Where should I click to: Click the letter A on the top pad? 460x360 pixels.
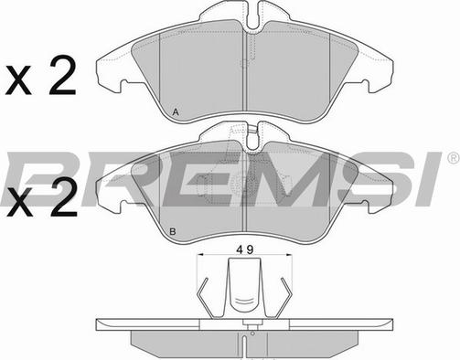pyautogui.click(x=176, y=112)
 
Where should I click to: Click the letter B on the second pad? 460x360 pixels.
pyautogui.click(x=173, y=232)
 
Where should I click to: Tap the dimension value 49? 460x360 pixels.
pyautogui.click(x=245, y=249)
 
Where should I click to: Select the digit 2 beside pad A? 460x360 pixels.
pyautogui.click(x=62, y=76)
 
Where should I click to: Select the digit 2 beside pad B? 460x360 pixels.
pyautogui.click(x=63, y=198)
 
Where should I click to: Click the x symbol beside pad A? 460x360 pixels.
pyautogui.click(x=19, y=82)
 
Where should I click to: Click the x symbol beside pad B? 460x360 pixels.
pyautogui.click(x=19, y=205)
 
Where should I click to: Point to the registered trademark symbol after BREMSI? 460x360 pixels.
pyautogui.click(x=454, y=157)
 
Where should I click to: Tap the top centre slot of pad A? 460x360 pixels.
pyautogui.click(x=252, y=17)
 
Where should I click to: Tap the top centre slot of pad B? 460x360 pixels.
pyautogui.click(x=252, y=136)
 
